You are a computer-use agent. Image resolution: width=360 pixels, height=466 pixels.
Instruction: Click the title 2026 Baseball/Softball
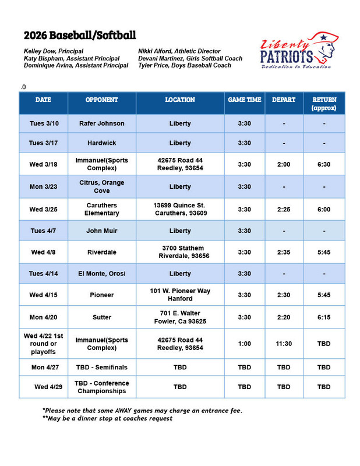[x=80, y=34]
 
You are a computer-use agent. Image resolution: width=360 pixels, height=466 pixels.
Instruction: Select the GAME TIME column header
[x=244, y=100]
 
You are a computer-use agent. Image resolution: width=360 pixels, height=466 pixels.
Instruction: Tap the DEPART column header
[x=284, y=100]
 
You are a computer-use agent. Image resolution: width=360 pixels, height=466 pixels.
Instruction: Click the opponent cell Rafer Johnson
[x=102, y=123]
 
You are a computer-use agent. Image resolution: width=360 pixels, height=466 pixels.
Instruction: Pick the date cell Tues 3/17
[x=44, y=143]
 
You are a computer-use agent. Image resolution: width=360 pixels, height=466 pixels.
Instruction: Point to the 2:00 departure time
[x=284, y=165]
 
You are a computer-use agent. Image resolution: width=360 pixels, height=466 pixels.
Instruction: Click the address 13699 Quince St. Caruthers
[x=180, y=209]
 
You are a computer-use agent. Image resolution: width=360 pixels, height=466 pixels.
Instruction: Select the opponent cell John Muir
[x=102, y=231]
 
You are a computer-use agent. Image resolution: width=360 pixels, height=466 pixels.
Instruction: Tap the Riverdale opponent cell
[x=102, y=252]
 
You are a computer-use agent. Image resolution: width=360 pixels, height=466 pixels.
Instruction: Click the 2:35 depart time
[x=284, y=252]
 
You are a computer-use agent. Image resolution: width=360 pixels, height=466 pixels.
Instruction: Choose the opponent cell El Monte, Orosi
[x=102, y=274]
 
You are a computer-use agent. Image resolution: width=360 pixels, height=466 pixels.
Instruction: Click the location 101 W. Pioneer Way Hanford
[x=180, y=295]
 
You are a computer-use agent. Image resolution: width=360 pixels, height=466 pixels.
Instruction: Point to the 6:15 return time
[x=324, y=317]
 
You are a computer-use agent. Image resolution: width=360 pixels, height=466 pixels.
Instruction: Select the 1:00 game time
[x=244, y=344]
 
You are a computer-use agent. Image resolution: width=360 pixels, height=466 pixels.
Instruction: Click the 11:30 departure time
[x=284, y=344]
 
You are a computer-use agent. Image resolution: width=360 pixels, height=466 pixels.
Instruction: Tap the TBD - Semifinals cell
[x=102, y=368]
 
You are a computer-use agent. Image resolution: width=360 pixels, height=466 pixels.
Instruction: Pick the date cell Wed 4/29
[x=44, y=387]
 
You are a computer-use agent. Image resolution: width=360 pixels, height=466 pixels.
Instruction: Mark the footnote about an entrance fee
[x=142, y=410]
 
